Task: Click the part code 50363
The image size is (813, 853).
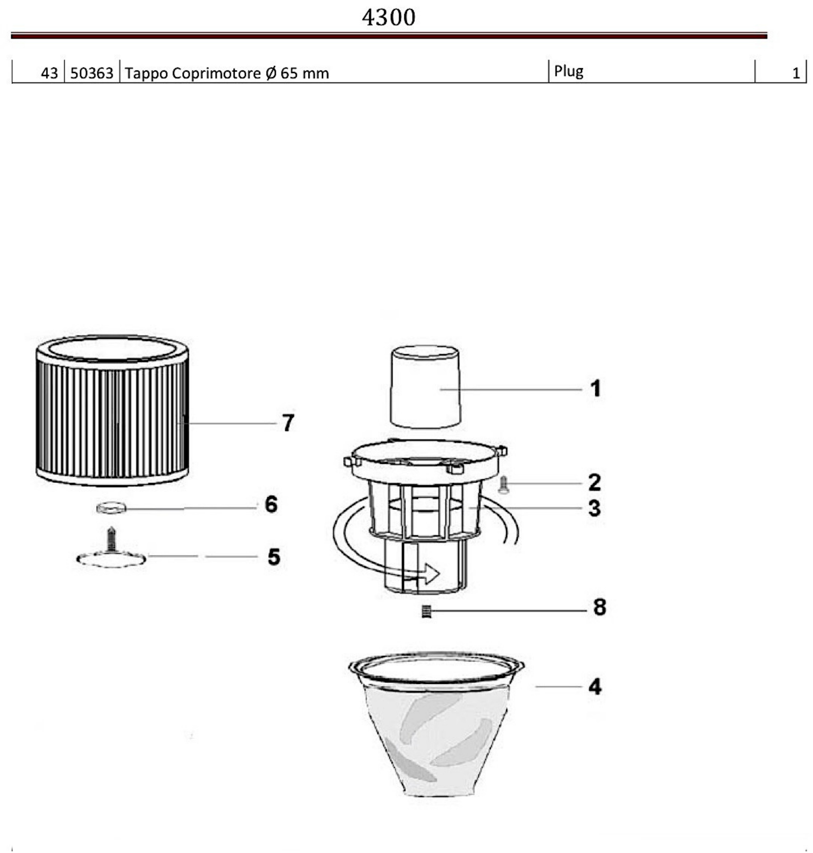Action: pos(92,73)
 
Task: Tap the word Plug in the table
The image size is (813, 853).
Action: pos(569,71)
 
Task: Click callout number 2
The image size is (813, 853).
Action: pos(594,483)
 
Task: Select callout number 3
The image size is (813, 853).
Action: pos(594,508)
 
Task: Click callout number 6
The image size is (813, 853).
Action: pos(271,504)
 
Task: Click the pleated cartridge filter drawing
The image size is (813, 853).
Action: pos(112,410)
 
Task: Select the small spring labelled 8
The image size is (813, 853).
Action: pos(426,611)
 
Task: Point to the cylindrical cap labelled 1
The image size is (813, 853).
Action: pos(425,386)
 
